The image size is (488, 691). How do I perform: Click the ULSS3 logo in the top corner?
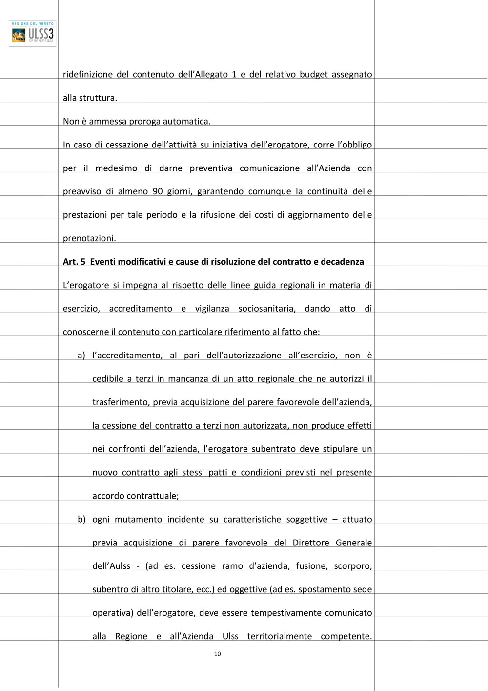33,34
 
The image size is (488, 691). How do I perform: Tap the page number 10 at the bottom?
217,654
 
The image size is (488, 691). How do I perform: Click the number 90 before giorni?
158,191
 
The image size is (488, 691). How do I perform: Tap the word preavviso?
82,191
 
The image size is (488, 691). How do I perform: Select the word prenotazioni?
89,238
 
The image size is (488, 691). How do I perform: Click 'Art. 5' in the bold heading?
74,262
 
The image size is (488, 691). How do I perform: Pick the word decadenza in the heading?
342,262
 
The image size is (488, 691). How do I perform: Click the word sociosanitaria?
267,309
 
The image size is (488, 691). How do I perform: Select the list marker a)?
81,356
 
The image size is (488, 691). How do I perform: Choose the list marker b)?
81,519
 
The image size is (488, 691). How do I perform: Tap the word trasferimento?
121,402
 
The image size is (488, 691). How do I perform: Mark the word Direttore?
311,543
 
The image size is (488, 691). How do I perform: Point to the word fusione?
311,566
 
